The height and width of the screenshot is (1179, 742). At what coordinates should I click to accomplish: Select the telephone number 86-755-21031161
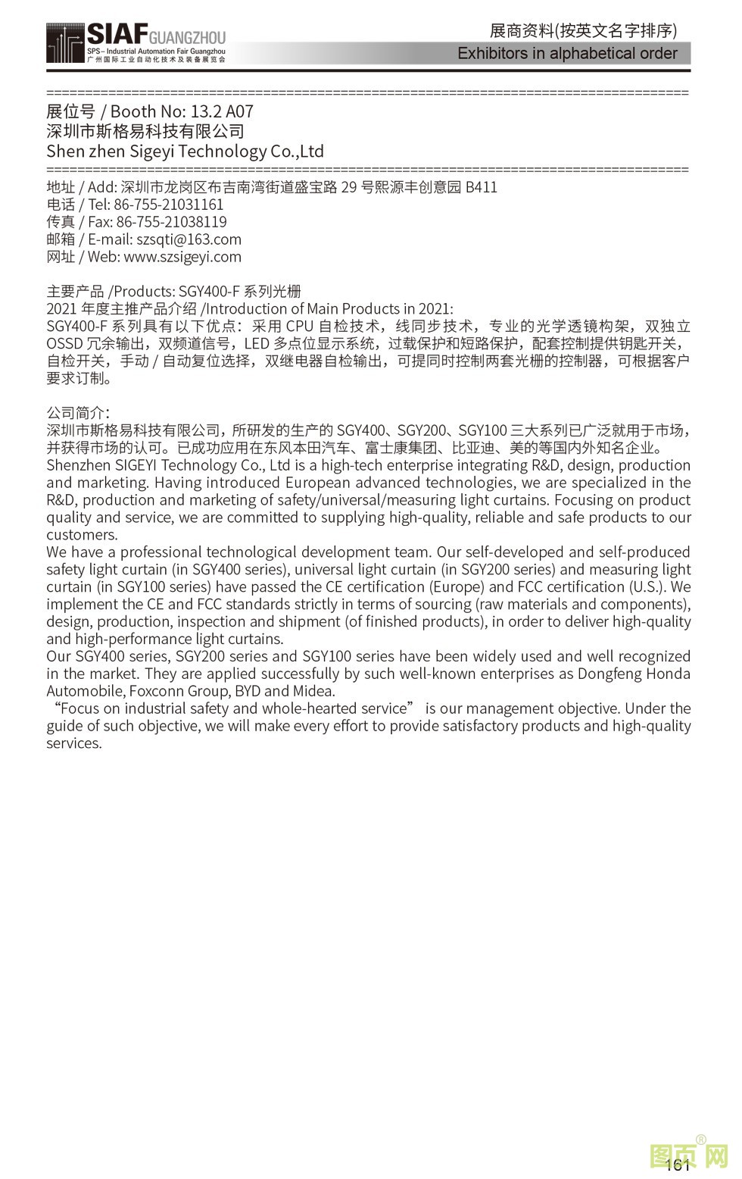(169, 205)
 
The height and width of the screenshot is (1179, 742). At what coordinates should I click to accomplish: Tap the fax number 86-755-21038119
(171, 222)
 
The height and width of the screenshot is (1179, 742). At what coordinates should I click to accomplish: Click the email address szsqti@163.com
(189, 239)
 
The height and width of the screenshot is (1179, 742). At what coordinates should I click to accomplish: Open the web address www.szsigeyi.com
(182, 257)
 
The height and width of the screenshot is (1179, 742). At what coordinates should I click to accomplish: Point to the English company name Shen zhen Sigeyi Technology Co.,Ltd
(185, 152)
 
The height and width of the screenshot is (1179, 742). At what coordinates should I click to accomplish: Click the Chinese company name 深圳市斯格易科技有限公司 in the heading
(145, 131)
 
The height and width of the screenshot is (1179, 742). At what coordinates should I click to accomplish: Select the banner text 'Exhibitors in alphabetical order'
(567, 54)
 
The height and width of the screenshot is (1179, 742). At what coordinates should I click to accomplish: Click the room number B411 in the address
(481, 187)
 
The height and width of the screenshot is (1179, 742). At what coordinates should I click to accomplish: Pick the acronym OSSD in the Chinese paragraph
(64, 344)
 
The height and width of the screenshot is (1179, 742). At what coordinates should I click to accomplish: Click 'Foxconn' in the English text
(160, 691)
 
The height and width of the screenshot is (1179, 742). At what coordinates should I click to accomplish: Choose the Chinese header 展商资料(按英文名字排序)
(583, 31)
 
